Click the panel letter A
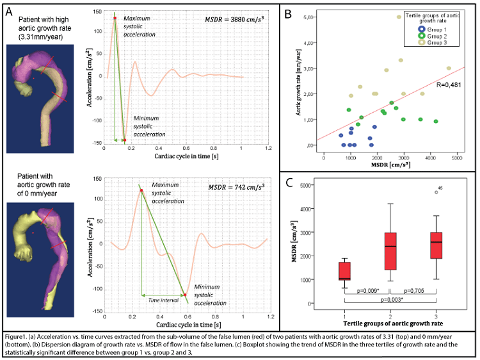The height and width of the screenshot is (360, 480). (x=10, y=11)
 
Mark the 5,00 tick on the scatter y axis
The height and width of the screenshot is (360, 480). (x=311, y=18)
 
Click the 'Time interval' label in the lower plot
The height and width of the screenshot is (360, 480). (x=162, y=299)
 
